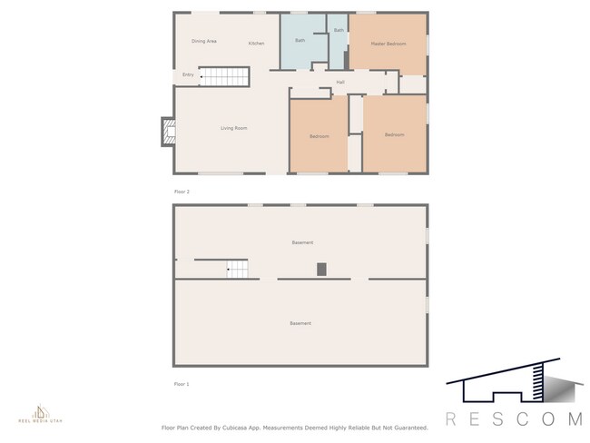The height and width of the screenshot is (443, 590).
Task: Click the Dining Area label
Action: (203, 42)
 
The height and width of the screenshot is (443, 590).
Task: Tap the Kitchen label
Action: (256, 44)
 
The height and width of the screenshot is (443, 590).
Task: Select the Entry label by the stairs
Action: (188, 75)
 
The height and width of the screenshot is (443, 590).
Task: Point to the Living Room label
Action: (233, 128)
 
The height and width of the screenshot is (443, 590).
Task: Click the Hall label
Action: (340, 83)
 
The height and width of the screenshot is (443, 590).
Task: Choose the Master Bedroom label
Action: (388, 44)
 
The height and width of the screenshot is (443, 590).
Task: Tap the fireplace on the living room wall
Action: (167, 133)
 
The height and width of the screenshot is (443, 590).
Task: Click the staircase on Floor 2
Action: (223, 77)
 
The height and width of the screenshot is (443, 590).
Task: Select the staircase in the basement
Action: (236, 269)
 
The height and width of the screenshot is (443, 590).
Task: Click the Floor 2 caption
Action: (182, 192)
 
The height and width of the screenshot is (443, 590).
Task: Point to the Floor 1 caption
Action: (182, 384)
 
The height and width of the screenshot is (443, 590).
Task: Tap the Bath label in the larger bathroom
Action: (300, 40)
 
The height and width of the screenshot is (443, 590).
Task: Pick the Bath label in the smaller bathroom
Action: (338, 31)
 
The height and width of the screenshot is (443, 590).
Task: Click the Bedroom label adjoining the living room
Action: (319, 136)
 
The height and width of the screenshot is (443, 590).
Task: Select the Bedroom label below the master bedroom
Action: (394, 135)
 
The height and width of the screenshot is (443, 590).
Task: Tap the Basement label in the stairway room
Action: (302, 242)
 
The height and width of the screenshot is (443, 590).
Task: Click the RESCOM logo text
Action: (514, 418)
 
